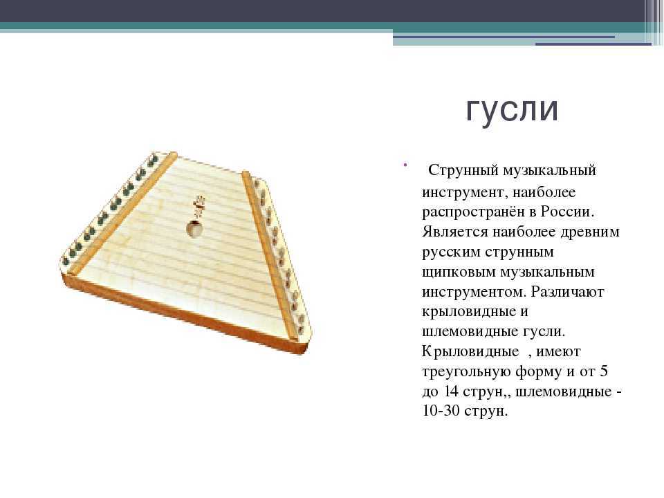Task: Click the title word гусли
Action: pos(512,110)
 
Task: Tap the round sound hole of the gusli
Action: pos(194,229)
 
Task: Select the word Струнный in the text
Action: pos(463,171)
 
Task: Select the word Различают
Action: pos(567,292)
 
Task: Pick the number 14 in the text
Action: pos(452,391)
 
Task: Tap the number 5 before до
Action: pos(603,371)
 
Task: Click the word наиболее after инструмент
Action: pos(544,192)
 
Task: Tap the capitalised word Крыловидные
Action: pos(470,352)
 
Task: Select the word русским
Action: pos(451,252)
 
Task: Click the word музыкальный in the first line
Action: pos(550,171)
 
